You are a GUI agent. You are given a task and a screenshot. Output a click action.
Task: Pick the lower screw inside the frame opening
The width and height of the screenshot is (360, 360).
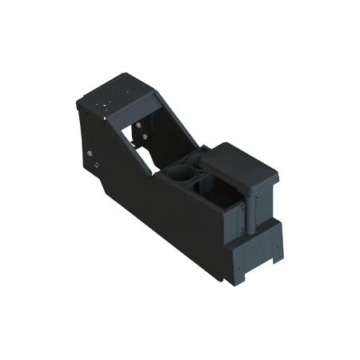point(142,137)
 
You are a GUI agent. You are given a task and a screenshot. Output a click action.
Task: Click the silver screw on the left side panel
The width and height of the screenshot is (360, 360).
point(90,152)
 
